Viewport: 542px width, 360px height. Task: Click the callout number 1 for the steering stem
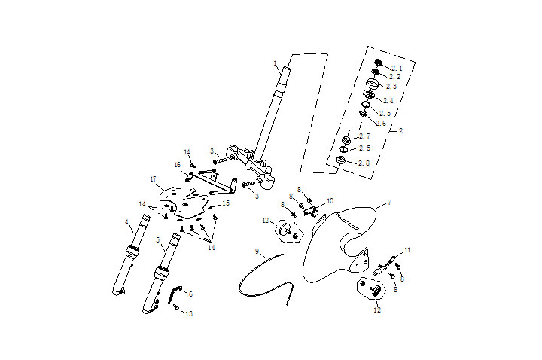pyautogui.click(x=276, y=63)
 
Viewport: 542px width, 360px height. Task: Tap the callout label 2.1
pyautogui.click(x=397, y=68)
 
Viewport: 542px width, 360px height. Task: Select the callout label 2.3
pyautogui.click(x=391, y=87)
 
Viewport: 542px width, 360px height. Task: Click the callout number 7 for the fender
pyautogui.click(x=389, y=203)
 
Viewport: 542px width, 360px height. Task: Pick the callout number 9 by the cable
pyautogui.click(x=257, y=250)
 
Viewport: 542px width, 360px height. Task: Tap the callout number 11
pyautogui.click(x=407, y=249)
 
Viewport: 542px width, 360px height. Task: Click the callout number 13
pyautogui.click(x=189, y=313)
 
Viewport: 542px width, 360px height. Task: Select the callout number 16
pyautogui.click(x=178, y=164)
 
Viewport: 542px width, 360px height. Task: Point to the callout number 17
pyautogui.click(x=152, y=180)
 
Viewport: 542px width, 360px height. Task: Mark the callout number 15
pyautogui.click(x=225, y=203)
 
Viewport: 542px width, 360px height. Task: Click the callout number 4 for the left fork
pyautogui.click(x=127, y=222)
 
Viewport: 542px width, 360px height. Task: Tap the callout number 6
pyautogui.click(x=190, y=294)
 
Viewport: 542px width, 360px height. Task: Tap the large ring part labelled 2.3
pyautogui.click(x=372, y=84)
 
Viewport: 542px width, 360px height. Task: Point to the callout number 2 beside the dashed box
pyautogui.click(x=400, y=130)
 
